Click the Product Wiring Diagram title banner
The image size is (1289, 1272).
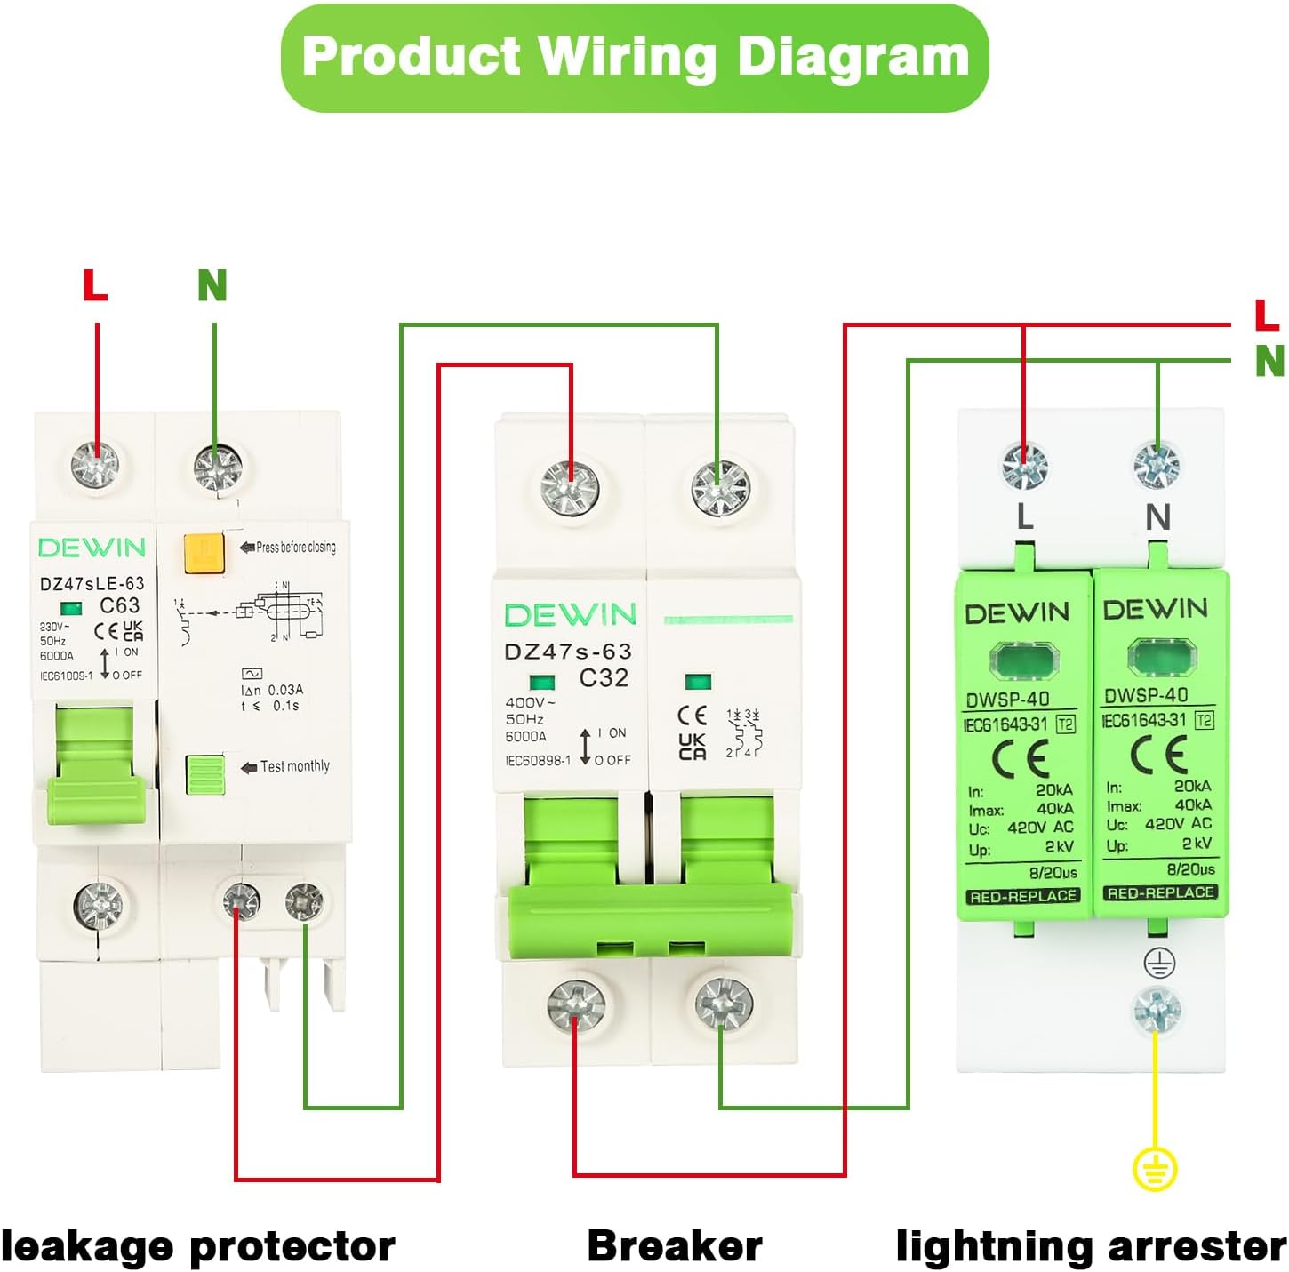pyautogui.click(x=635, y=58)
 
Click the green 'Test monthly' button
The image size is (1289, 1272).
pyautogui.click(x=205, y=773)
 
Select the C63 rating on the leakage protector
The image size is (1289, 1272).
pyautogui.click(x=120, y=606)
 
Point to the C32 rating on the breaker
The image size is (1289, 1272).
pyautogui.click(x=604, y=678)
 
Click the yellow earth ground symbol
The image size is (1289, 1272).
pyautogui.click(x=1155, y=1169)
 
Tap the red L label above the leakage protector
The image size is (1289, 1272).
pyautogui.click(x=95, y=285)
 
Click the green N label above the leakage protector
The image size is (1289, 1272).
pyautogui.click(x=212, y=285)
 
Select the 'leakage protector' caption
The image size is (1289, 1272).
pyautogui.click(x=197, y=1246)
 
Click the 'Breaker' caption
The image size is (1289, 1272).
pyautogui.click(x=675, y=1246)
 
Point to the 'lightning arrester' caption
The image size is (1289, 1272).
pyautogui.click(x=1091, y=1246)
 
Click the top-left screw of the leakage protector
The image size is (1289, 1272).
pyautogui.click(x=96, y=463)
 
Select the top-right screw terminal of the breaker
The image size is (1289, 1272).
pyautogui.click(x=721, y=488)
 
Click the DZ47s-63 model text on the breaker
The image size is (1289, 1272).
pyautogui.click(x=568, y=652)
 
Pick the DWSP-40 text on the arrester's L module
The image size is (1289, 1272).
pyautogui.click(x=1008, y=700)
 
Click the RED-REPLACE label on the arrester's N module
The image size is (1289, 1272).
pyautogui.click(x=1160, y=892)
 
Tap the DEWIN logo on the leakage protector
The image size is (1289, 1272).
pyautogui.click(x=92, y=548)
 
